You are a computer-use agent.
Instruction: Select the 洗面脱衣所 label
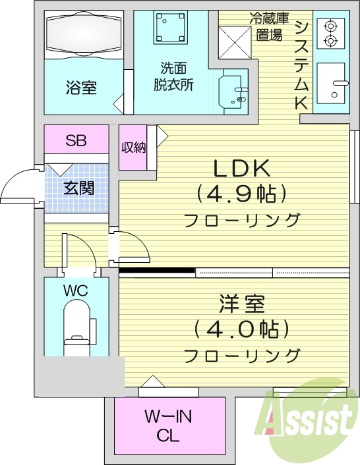click(x=171, y=76)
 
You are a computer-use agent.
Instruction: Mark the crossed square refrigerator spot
click(x=233, y=41)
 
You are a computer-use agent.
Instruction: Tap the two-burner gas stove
click(x=330, y=34)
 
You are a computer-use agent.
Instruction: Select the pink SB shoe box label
click(x=76, y=140)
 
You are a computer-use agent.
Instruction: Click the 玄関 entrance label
click(x=78, y=188)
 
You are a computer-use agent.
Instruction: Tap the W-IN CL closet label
click(x=169, y=425)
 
